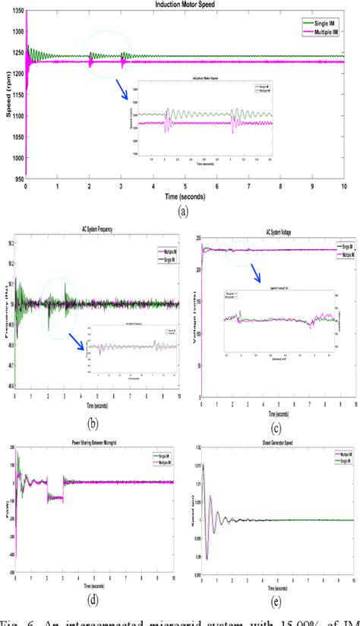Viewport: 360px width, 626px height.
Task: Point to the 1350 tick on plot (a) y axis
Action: (x=14, y=12)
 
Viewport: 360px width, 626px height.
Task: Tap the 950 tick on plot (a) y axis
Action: (x=16, y=180)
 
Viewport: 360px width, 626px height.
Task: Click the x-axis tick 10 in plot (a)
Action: (x=344, y=187)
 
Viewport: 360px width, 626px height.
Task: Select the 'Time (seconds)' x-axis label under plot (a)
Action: (x=184, y=196)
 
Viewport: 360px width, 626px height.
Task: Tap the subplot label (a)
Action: (x=183, y=212)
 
